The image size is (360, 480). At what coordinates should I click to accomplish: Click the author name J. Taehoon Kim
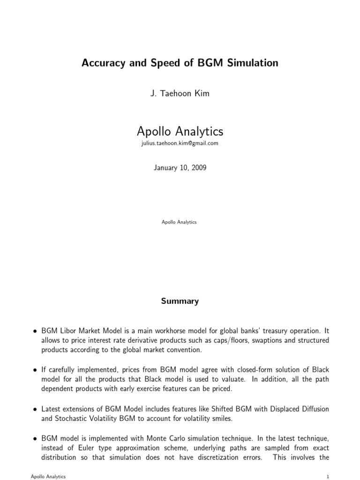[180, 94]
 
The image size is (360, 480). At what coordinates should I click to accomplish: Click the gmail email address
[180, 144]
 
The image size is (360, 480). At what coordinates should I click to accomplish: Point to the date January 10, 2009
[180, 168]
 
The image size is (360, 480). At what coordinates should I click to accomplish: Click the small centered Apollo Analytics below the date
[180, 222]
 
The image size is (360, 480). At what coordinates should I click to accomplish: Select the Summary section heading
[180, 301]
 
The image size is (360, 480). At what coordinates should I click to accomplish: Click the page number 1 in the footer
[328, 476]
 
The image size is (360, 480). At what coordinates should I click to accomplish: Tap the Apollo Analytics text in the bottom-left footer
[48, 476]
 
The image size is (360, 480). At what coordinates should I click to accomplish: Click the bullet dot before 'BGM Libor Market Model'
[35, 331]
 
